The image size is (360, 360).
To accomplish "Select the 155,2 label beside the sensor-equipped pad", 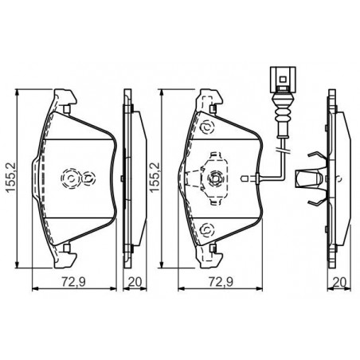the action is point(155,177).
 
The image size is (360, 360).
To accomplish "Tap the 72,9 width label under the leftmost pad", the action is point(74,282).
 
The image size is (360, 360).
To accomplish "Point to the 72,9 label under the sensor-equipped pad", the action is point(221,282).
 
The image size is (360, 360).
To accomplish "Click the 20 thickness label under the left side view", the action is point(135,282).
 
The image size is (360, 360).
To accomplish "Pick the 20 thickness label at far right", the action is point(340,282).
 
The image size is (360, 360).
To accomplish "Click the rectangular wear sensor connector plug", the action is point(283,80).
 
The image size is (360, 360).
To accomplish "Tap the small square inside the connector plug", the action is point(283,79).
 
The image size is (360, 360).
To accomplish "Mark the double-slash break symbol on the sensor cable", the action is point(283,151).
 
